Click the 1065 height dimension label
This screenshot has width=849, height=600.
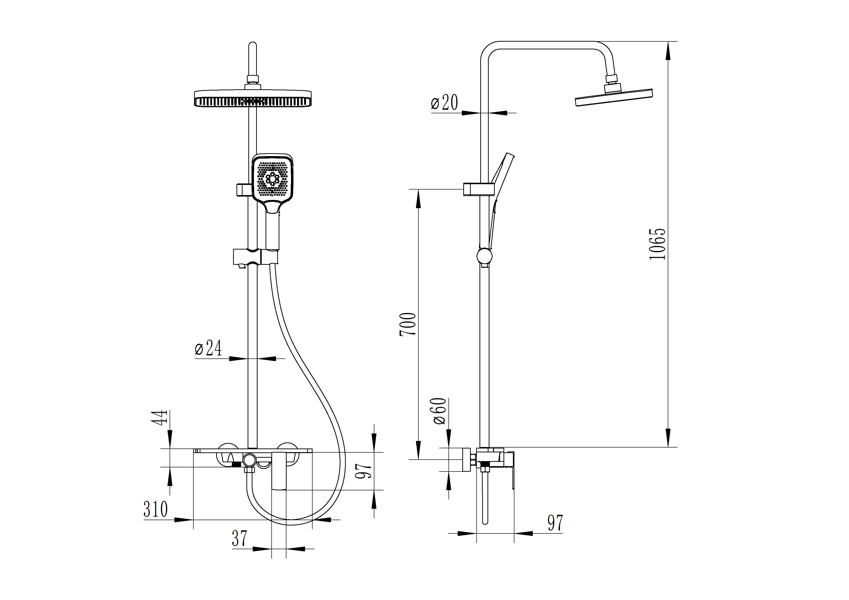pyautogui.click(x=657, y=244)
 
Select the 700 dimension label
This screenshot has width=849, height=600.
pyautogui.click(x=408, y=324)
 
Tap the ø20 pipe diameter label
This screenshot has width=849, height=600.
pyautogui.click(x=444, y=102)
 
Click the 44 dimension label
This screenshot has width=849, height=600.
pyautogui.click(x=161, y=418)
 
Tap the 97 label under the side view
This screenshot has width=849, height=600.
pyautogui.click(x=555, y=523)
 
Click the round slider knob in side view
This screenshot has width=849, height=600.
pyautogui.click(x=484, y=256)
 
